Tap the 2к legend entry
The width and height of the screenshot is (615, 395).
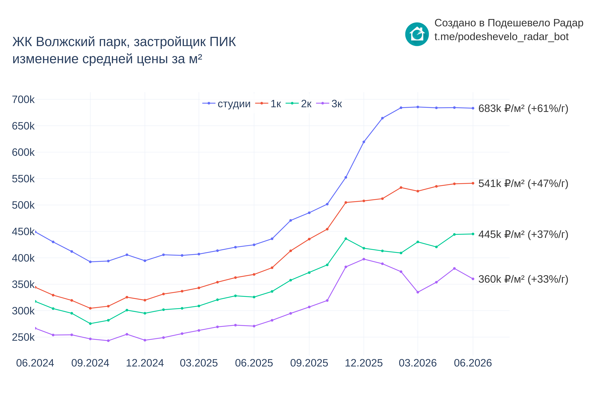(x=299, y=104)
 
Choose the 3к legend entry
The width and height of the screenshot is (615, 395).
(x=329, y=104)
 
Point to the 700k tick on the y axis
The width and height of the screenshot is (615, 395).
(x=23, y=99)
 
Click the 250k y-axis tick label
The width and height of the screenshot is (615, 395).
(x=23, y=337)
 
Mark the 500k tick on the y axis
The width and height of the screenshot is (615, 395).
(x=23, y=205)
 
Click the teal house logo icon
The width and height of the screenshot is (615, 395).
(x=417, y=34)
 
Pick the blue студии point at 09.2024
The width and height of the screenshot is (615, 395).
(x=90, y=262)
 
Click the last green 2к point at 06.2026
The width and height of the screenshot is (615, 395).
(x=473, y=234)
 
